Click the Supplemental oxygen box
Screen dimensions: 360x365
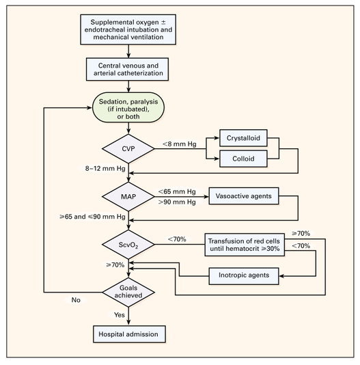[x=128, y=29]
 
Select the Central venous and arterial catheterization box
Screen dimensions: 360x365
[x=127, y=69]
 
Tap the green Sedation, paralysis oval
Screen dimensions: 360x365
[x=128, y=107]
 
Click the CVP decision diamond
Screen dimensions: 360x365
[x=128, y=149]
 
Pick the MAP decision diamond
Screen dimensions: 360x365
[x=128, y=197]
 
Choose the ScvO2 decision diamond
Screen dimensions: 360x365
[x=128, y=245]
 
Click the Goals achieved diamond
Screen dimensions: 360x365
[x=128, y=292]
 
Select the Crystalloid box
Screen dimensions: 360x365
[x=243, y=138]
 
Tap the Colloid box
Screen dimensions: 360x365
[x=243, y=159]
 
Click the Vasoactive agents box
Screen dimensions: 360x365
[x=244, y=196]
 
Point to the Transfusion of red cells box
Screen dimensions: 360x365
[x=245, y=245]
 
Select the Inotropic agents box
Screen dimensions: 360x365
[x=244, y=276]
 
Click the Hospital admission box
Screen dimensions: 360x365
[x=129, y=334]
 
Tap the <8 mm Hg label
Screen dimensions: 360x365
[x=180, y=144]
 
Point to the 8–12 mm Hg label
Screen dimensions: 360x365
[x=105, y=168]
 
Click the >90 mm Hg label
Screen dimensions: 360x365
[x=177, y=202]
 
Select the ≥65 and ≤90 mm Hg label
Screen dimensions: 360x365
[x=92, y=217]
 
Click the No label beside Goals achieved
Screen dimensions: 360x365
[x=76, y=300]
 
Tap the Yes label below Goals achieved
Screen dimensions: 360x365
[x=120, y=314]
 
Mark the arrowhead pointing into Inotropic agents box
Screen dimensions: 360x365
[x=281, y=276]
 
